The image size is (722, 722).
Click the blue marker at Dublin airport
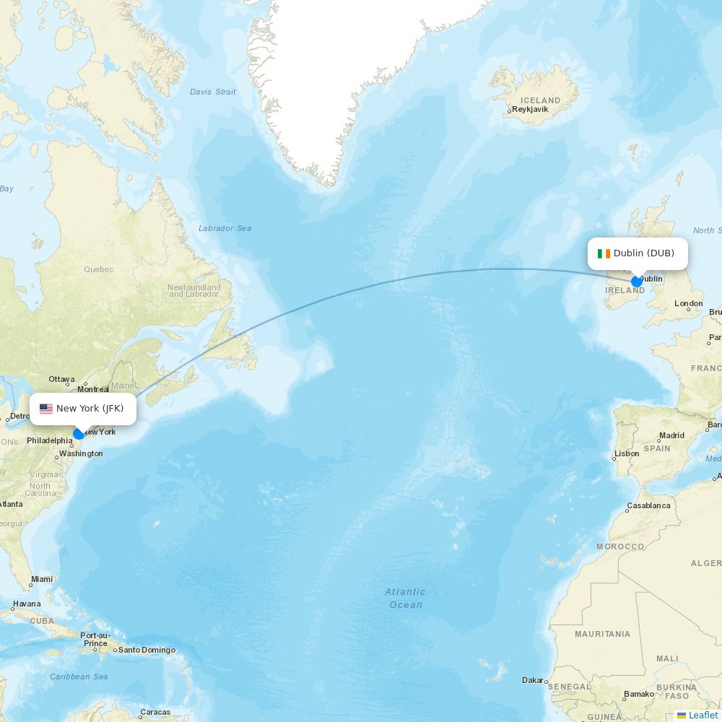point(636,282)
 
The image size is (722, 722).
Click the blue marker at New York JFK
point(78,434)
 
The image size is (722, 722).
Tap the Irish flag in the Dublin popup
point(604,253)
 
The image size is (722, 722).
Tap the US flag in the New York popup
point(46,409)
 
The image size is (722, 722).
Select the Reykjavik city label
point(529,110)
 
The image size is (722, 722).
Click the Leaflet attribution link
point(703,715)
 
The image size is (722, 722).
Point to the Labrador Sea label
point(225,228)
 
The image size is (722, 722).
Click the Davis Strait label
point(213,92)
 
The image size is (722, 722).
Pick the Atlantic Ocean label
point(405,598)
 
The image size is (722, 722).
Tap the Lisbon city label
point(626,453)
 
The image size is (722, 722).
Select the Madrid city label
point(671,436)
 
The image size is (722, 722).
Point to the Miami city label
point(42,579)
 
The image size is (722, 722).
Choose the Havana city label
point(27,604)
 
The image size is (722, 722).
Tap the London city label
point(688,304)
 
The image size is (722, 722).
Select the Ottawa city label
point(62,379)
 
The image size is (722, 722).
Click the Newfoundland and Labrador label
point(194,290)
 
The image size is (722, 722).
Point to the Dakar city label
point(533,680)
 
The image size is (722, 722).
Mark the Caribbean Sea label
point(79,677)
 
